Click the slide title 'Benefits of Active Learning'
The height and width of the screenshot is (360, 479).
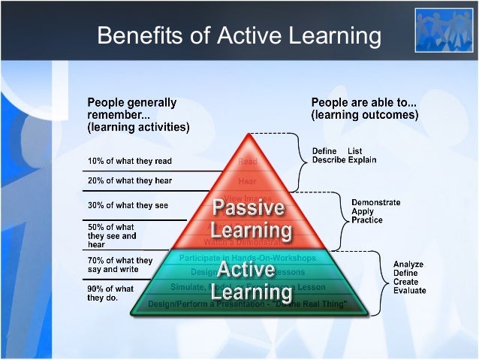pos(239,35)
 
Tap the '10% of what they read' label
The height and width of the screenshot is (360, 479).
pos(130,161)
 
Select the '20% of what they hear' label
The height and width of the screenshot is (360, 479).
pos(130,181)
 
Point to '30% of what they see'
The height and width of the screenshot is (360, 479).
pos(128,205)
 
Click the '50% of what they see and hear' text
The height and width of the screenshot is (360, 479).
pos(113,235)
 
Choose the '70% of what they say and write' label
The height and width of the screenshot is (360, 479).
pos(120,265)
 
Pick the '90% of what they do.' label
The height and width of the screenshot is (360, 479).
pos(111,293)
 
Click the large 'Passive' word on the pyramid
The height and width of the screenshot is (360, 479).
pos(248,207)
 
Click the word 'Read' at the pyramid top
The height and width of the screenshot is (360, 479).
pos(247,162)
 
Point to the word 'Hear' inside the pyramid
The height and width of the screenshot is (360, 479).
pos(247,181)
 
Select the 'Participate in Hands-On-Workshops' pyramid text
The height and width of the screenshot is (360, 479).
pos(248,259)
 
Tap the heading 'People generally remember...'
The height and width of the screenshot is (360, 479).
pos(133,109)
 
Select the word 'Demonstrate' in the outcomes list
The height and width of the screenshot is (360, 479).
pos(375,202)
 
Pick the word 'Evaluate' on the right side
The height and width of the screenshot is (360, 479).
pos(411,291)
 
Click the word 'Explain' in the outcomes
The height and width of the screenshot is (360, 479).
pos(362,160)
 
